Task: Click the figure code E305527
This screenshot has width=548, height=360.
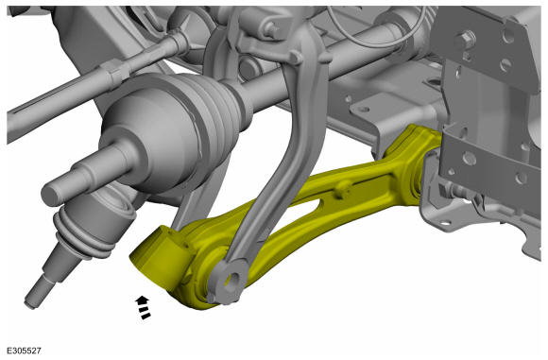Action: pos(25,351)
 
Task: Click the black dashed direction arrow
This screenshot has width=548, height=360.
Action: pos(143,307)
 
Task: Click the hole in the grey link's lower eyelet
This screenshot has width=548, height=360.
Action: pos(231,280)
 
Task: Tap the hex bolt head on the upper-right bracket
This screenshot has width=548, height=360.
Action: pos(465,39)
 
